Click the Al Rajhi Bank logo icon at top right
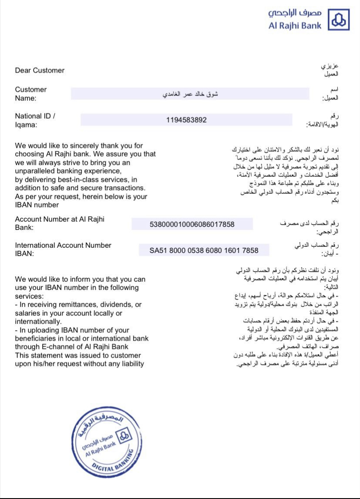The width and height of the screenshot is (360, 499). click(339, 20)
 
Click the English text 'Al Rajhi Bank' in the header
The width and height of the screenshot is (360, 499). click(295, 26)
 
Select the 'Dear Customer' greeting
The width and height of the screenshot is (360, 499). click(40, 70)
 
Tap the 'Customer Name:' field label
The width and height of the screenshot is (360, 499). click(31, 94)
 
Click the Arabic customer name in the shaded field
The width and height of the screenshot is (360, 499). click(190, 94)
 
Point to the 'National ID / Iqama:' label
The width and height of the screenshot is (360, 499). click(35, 120)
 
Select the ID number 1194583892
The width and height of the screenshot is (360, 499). click(187, 120)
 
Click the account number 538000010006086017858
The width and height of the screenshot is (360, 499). click(192, 224)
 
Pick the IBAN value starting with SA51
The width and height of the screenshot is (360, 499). click(204, 250)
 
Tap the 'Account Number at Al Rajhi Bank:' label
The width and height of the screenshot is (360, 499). click(60, 223)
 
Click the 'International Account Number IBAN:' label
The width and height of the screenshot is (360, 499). click(63, 249)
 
